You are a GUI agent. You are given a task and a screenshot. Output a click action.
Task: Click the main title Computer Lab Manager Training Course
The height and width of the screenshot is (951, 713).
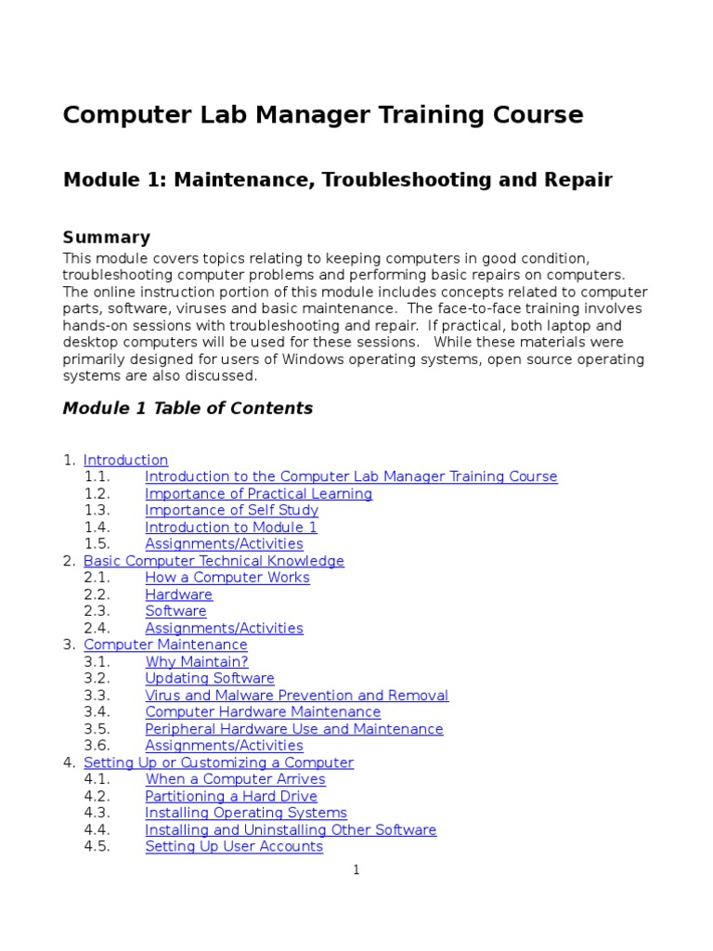coord(323,115)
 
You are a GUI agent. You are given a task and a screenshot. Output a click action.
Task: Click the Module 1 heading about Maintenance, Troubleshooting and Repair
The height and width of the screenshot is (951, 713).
coord(337,179)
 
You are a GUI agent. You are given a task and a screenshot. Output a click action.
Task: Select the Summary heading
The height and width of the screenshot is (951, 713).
coord(106,237)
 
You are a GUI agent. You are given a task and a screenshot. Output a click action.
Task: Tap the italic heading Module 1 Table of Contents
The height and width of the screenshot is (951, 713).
coord(188,408)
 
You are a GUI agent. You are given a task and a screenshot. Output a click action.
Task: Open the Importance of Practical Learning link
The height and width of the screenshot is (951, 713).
coord(258,493)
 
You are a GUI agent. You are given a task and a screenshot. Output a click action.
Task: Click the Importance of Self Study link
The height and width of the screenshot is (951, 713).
coord(231,510)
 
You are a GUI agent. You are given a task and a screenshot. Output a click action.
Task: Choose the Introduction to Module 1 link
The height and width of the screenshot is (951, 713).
coord(230,527)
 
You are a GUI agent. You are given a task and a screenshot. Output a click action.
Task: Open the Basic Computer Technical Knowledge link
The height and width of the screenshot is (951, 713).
coord(214,561)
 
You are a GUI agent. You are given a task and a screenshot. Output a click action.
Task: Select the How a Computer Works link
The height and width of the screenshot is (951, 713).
coord(227,578)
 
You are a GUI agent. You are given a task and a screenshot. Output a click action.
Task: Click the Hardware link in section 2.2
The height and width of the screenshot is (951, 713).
coord(178,594)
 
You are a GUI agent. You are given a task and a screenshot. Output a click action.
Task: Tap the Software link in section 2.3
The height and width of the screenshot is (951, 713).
coord(175,611)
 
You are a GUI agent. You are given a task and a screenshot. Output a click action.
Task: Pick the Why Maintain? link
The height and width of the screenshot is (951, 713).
coord(196,661)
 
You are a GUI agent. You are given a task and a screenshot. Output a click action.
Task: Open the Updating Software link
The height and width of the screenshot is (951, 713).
coord(209,678)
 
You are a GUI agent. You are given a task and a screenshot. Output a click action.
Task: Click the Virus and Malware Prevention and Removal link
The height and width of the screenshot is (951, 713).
coord(296,695)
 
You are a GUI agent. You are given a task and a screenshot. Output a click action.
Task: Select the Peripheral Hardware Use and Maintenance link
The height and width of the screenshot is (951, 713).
coord(293,729)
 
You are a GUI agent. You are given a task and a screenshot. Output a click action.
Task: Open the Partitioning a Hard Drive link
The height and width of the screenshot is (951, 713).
coord(230,796)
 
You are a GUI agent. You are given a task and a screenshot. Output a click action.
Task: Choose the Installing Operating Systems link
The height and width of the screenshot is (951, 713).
coord(245,813)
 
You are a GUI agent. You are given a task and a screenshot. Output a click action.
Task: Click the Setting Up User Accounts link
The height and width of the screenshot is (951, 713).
coord(233,846)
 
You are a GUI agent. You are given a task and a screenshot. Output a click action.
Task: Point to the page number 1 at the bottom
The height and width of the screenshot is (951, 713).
coord(356,869)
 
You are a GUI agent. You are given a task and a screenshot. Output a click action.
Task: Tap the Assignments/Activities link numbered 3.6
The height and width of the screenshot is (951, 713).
coord(224,746)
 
